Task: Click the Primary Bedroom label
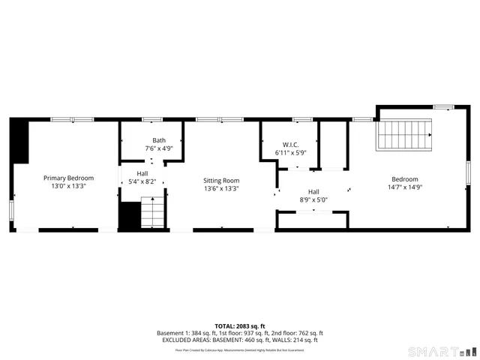pos(68,178)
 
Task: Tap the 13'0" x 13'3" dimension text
pos(68,186)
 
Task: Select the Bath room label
pos(159,140)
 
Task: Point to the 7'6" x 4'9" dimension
pos(159,148)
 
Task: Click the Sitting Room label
pos(222,181)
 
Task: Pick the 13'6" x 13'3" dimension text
pos(222,189)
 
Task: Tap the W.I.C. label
pos(290,145)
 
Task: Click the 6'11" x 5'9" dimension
pos(290,153)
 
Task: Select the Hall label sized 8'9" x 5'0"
pos(313,192)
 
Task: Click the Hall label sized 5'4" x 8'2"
pos(142,173)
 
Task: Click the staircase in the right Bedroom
pos(405,135)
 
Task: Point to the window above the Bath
pos(152,118)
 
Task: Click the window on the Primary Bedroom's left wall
pos(10,210)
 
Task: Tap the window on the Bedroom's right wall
pos(469,172)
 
